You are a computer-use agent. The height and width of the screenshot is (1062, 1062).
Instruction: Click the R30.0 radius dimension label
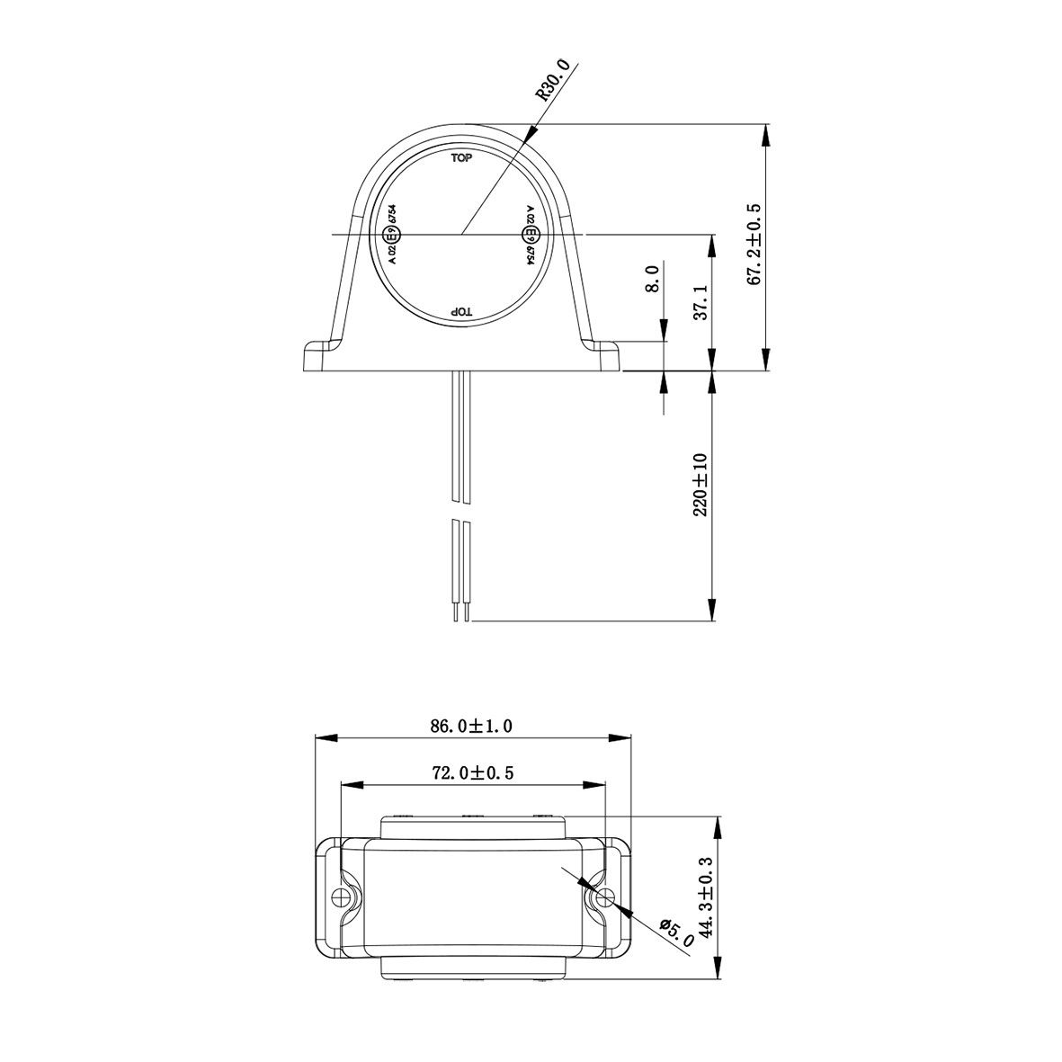[x=553, y=81]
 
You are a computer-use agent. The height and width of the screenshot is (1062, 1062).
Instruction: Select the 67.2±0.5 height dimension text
[x=754, y=245]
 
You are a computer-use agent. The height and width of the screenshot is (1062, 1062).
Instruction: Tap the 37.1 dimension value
[x=701, y=302]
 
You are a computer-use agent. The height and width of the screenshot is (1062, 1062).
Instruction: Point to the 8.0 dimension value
[x=652, y=279]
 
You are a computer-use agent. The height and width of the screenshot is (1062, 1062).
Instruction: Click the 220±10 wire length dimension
[x=701, y=485]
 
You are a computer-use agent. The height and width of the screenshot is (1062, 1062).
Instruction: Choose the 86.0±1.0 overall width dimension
[x=471, y=726]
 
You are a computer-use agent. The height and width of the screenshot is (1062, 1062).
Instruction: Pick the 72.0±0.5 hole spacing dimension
[x=473, y=772]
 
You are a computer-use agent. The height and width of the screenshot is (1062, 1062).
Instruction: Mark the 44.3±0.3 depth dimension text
[x=707, y=897]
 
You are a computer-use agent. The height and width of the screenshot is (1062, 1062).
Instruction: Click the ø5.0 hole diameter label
[x=675, y=933]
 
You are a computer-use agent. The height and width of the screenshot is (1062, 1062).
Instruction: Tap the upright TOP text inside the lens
[x=462, y=158]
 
